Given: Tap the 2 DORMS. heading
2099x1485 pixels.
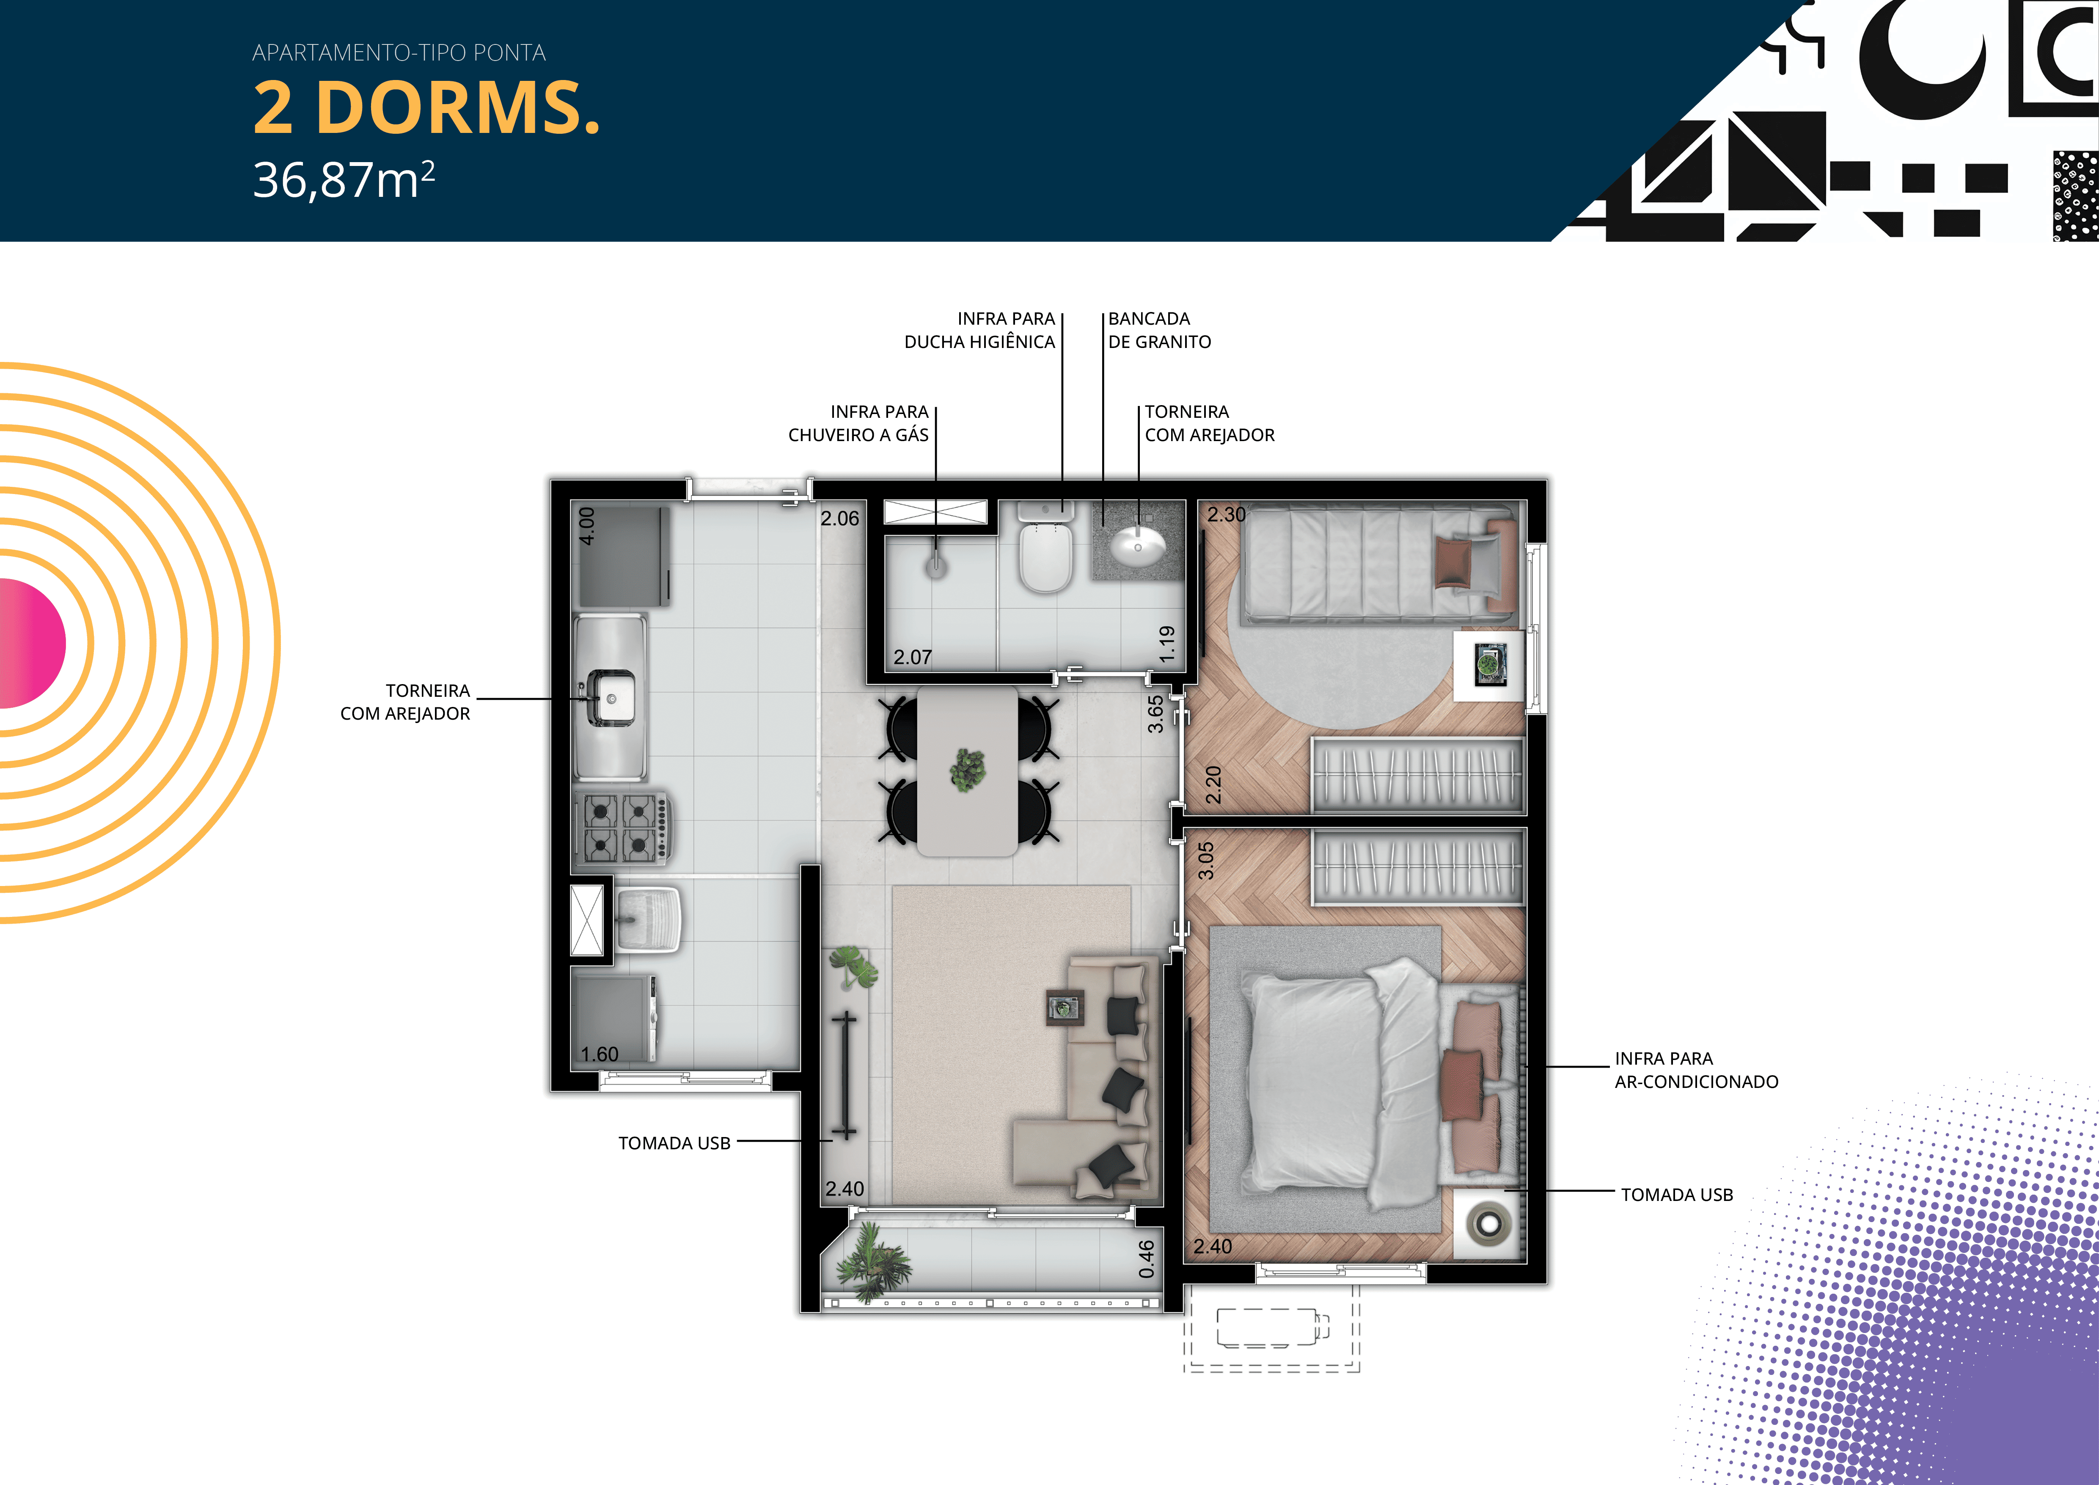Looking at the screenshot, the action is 426,108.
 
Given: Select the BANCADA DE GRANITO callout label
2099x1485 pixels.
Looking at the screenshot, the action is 1159,330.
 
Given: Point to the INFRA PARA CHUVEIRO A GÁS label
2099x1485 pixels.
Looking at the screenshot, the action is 858,423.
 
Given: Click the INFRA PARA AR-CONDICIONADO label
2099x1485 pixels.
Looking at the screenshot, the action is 1696,1070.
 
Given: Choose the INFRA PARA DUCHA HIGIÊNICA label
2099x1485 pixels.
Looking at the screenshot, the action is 979,330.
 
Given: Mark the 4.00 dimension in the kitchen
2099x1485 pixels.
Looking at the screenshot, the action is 587,526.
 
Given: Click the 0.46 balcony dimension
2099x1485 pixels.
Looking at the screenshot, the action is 1147,1259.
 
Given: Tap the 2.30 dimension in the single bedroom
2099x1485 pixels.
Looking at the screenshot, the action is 1226,515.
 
